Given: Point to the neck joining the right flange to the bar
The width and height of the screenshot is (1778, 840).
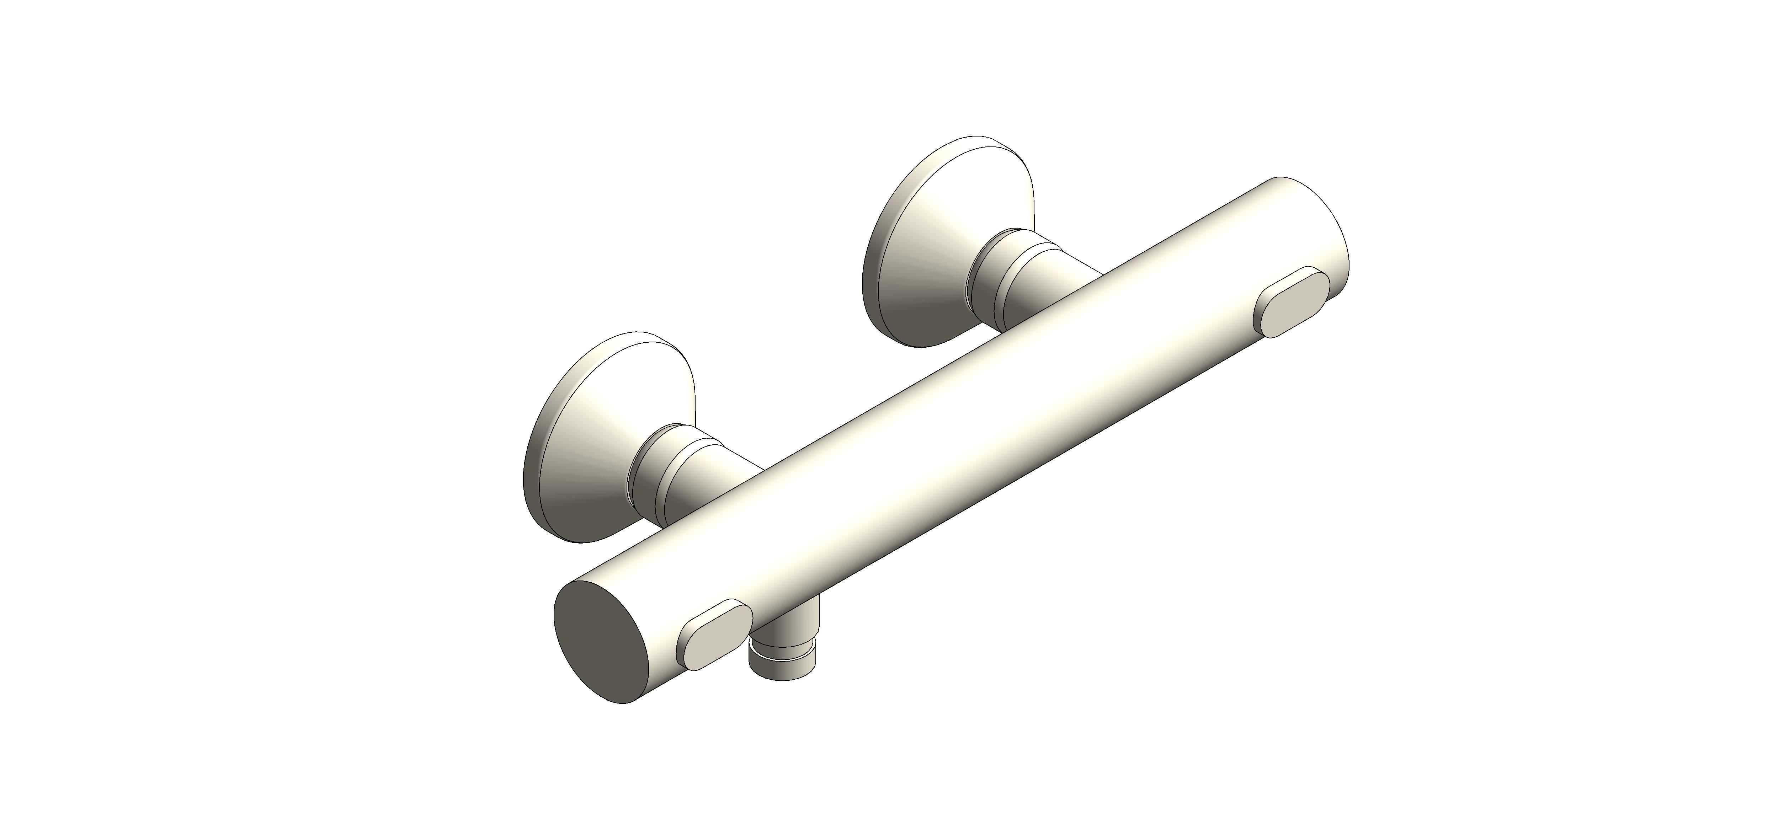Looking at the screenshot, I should click(1035, 283).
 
